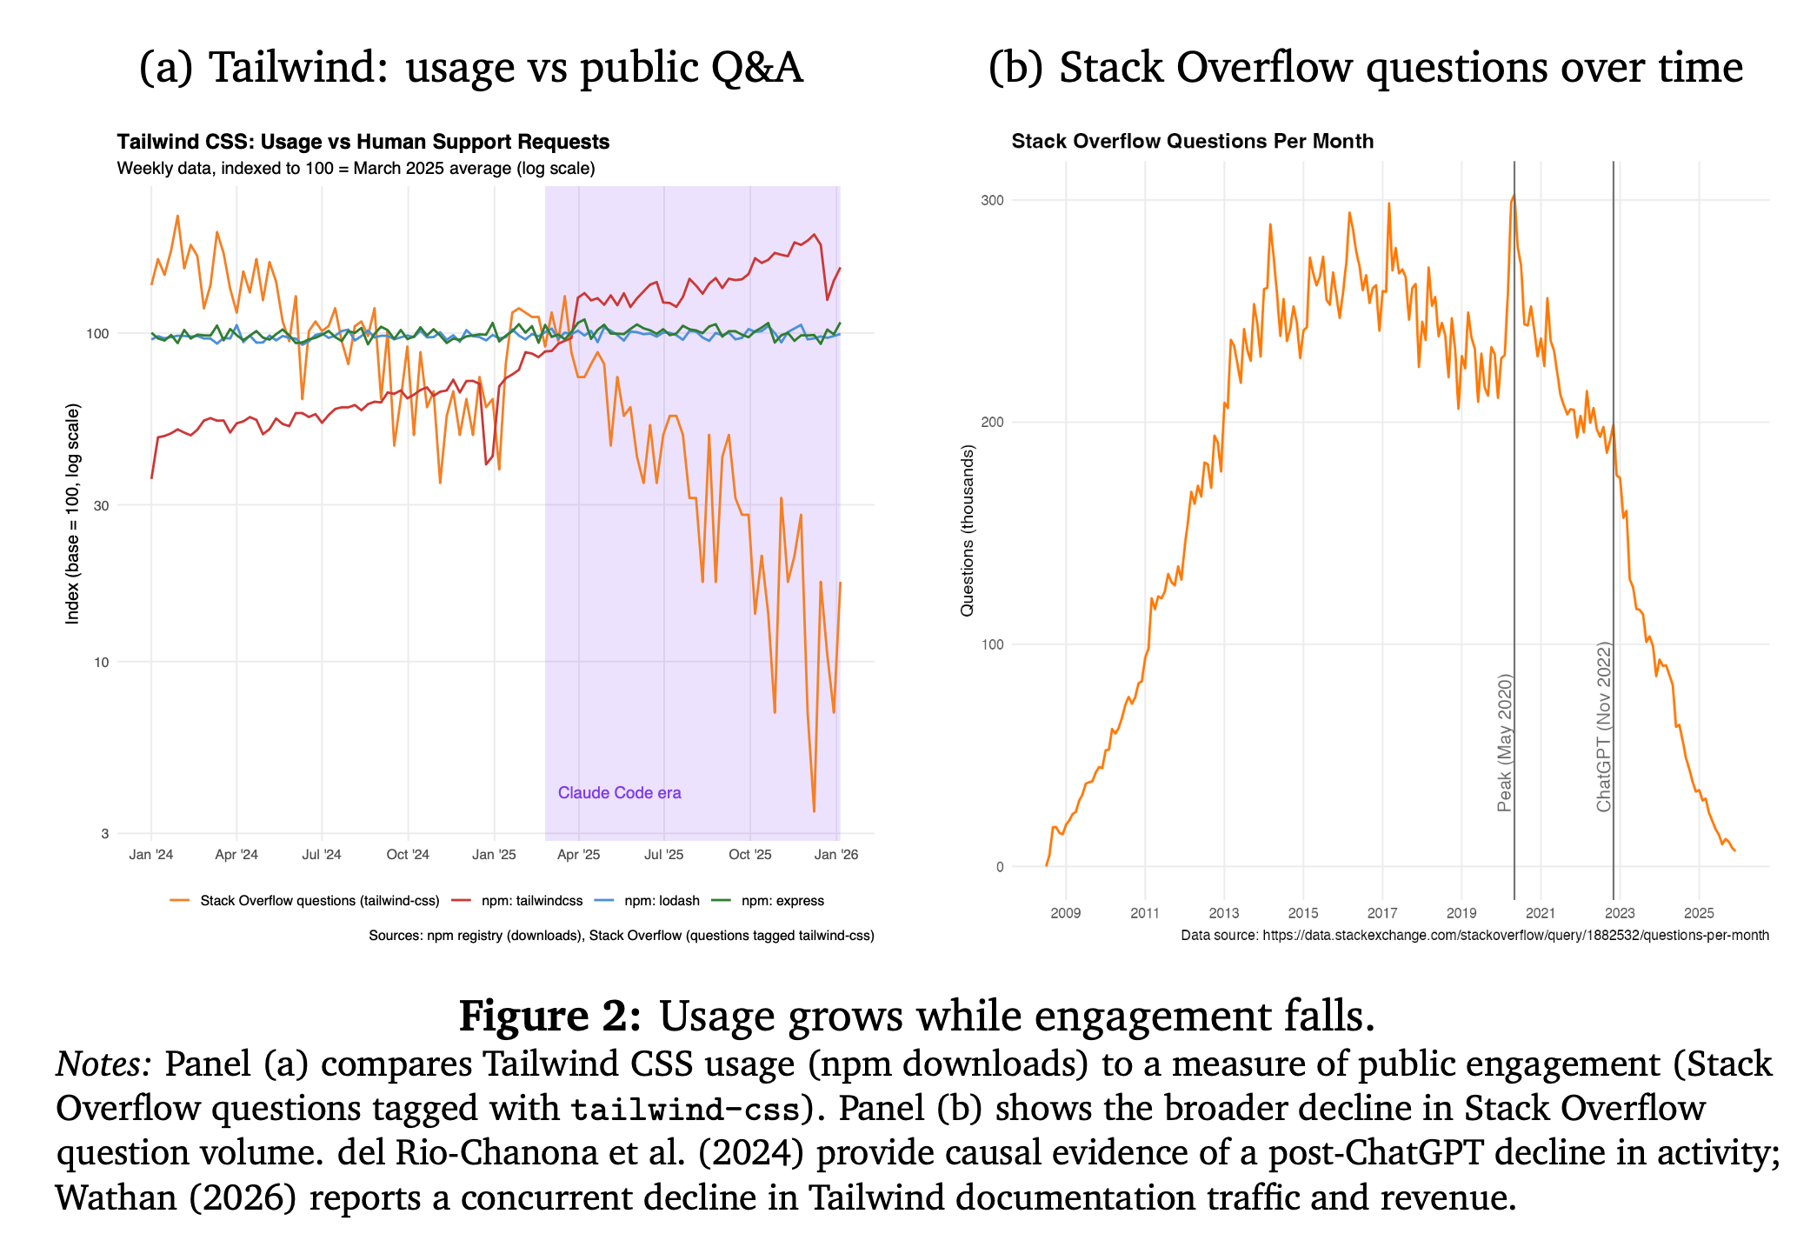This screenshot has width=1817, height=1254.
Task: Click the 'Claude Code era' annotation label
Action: point(619,792)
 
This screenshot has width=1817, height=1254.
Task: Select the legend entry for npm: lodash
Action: point(647,900)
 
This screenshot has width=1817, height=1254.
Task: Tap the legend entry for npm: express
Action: point(768,900)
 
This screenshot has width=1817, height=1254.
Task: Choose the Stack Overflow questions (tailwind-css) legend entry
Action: point(305,900)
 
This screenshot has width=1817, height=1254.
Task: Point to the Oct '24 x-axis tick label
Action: point(408,855)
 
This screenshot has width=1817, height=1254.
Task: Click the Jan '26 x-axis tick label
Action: point(836,855)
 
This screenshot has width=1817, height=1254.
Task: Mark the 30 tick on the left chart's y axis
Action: point(101,505)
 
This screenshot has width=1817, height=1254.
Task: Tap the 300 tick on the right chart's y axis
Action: point(992,200)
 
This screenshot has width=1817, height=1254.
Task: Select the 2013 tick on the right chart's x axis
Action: point(1224,912)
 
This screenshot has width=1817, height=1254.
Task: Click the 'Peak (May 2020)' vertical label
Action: point(1505,743)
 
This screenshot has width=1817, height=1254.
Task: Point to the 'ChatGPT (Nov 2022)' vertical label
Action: point(1604,727)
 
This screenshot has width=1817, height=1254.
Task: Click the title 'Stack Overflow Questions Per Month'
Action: point(1193,141)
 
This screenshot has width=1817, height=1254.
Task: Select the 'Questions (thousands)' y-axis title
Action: point(967,530)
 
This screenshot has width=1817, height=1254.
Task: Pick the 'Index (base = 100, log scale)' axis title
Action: point(72,513)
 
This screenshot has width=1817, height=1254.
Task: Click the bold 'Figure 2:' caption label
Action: point(550,1016)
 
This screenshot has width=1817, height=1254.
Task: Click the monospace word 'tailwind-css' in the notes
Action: point(685,1109)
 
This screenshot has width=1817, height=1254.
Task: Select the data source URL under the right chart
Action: point(1516,935)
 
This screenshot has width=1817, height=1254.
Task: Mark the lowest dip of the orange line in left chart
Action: point(814,811)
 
